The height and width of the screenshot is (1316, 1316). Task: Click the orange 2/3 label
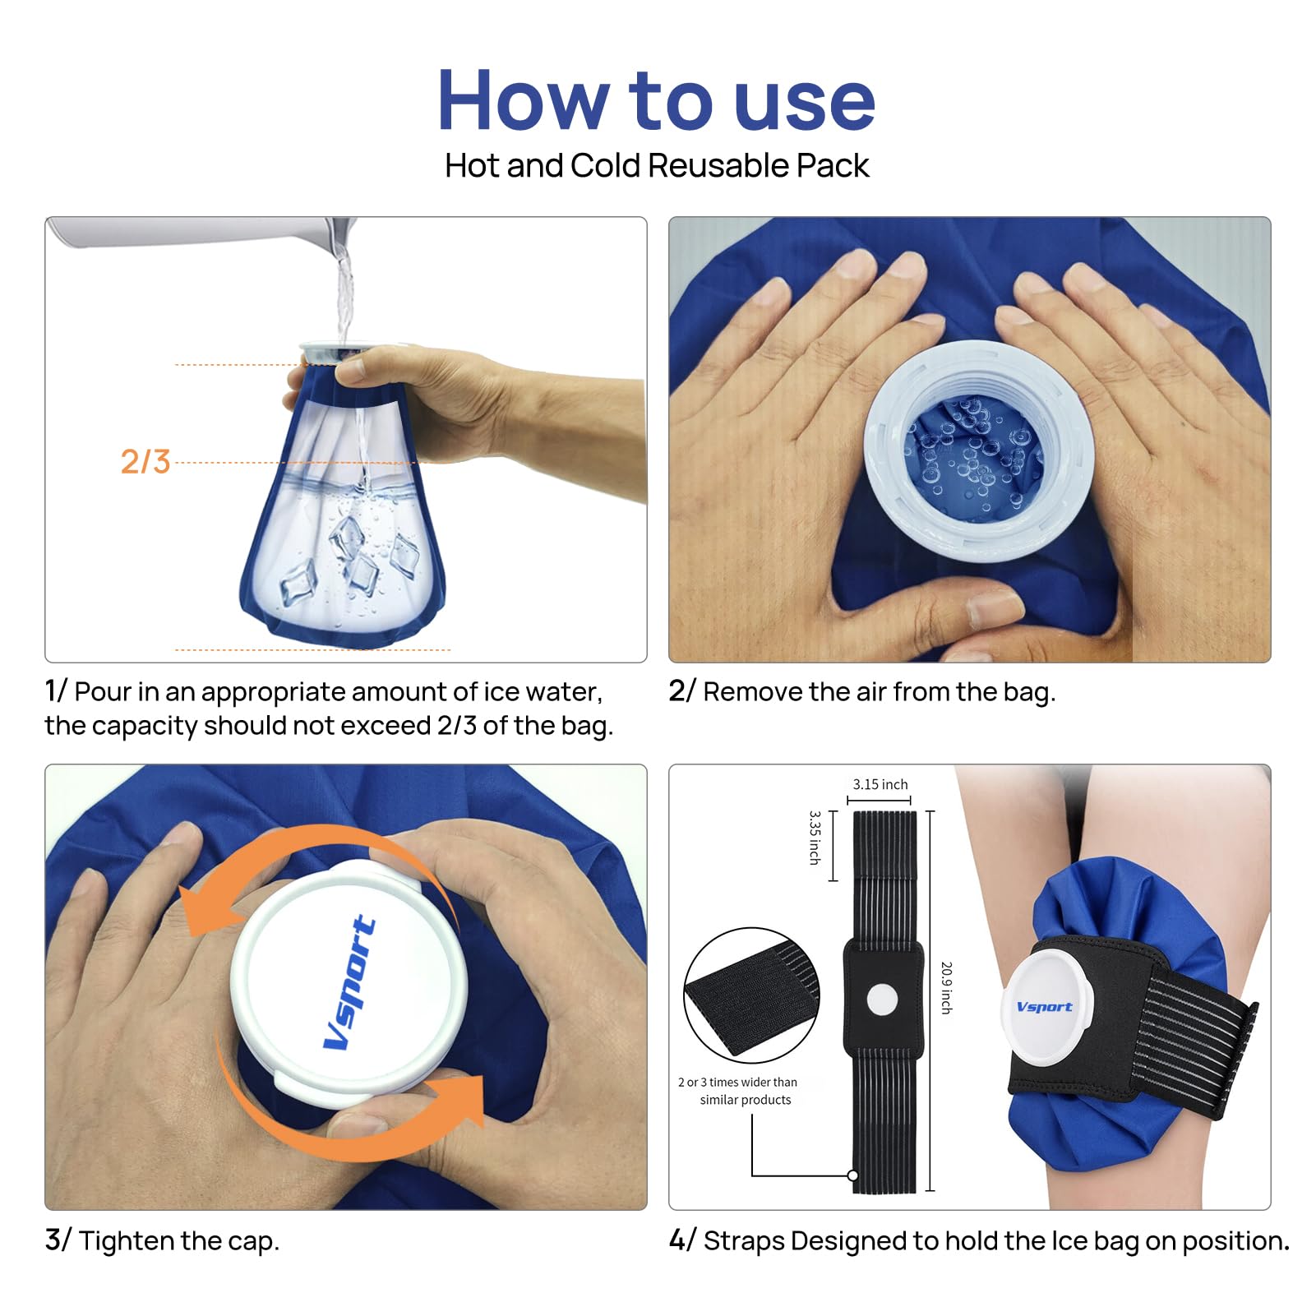point(145,461)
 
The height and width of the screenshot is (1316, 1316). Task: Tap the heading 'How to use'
point(657,100)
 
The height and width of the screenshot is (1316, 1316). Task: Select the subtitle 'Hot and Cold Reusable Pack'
point(657,165)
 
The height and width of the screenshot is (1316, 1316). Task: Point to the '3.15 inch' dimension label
point(880,784)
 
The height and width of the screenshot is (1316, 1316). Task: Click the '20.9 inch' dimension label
point(946,987)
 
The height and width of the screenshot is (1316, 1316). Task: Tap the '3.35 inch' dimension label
point(815,837)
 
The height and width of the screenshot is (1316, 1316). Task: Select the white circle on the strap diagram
point(882,1000)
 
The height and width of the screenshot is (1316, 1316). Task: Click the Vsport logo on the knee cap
point(1044,1007)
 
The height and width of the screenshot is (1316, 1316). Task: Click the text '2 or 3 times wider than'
point(737,1082)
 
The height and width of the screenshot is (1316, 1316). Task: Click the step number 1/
point(55,691)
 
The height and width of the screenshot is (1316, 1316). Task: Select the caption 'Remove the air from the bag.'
point(880,692)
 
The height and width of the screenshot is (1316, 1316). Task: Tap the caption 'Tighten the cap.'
point(179,1240)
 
